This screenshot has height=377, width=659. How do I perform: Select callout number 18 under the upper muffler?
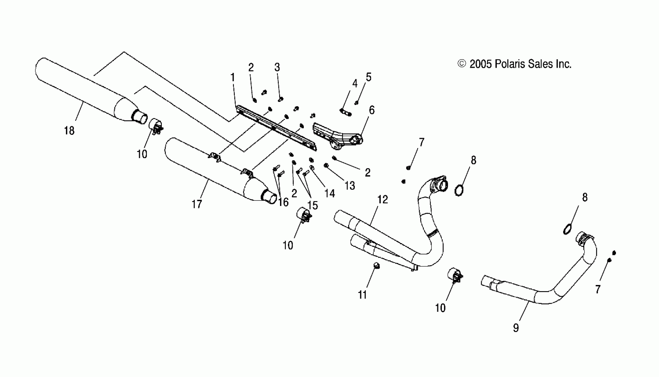click(69, 131)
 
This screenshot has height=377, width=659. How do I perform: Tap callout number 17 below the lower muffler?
click(197, 204)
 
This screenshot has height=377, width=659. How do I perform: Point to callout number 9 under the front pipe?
click(516, 328)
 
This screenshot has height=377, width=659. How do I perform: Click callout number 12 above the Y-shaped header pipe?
click(382, 200)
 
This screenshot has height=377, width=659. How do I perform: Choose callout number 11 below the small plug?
click(362, 295)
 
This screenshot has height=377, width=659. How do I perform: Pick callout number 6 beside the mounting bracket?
click(371, 110)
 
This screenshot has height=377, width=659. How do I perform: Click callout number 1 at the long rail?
click(233, 77)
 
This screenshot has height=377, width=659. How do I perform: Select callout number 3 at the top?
click(277, 67)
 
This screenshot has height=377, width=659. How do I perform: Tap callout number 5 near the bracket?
click(368, 77)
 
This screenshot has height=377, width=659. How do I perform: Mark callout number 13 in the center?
click(350, 186)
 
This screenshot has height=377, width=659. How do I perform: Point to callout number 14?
click(329, 193)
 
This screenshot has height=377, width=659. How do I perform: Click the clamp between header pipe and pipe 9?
click(455, 275)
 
